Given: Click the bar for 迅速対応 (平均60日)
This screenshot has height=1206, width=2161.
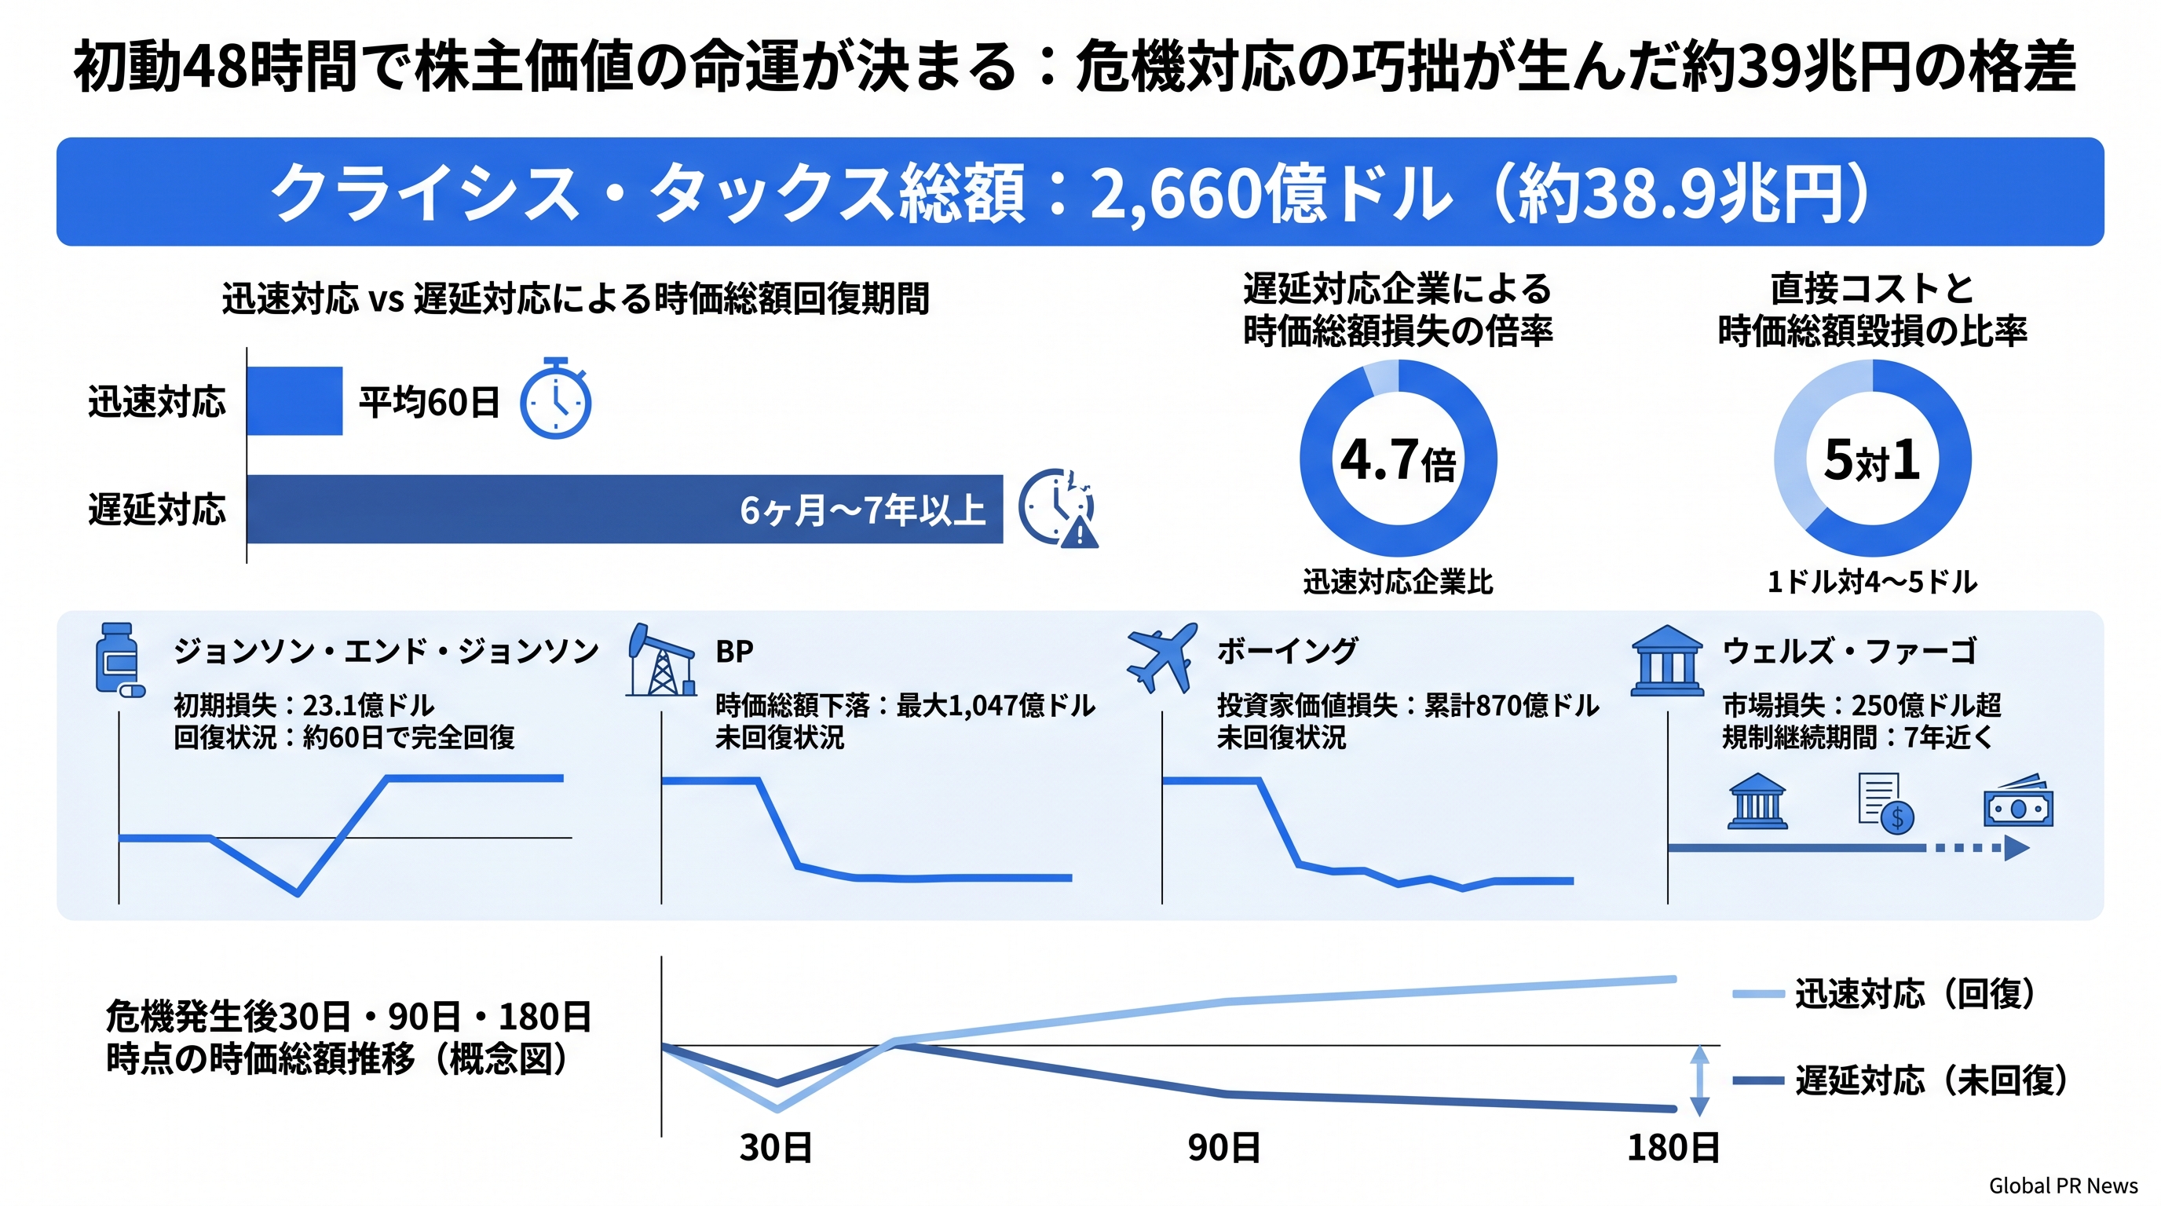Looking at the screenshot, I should tap(294, 401).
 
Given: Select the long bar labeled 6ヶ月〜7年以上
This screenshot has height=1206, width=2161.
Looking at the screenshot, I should tap(624, 509).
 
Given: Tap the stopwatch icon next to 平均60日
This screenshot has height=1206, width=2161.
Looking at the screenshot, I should tap(555, 400).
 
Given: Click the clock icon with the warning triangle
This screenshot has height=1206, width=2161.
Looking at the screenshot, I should tap(1057, 508).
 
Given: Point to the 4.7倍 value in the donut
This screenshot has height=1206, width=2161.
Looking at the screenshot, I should tap(1398, 459).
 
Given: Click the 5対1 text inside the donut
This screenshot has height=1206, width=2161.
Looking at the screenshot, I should tap(1871, 459).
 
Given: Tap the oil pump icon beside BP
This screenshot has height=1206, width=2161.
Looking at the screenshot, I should tap(661, 660).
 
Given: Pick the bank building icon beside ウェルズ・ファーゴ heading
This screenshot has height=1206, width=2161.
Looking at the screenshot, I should tap(1667, 661).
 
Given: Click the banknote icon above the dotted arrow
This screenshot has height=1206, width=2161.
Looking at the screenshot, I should tap(2017, 802).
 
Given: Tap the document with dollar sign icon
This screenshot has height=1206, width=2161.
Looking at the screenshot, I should tap(1885, 803).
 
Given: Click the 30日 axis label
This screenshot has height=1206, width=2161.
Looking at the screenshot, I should tap(776, 1147).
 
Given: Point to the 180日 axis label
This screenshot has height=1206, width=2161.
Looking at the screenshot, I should tap(1673, 1147).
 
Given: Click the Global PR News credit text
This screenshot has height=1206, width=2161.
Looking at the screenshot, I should tap(2063, 1186).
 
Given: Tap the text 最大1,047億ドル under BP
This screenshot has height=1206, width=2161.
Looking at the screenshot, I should tap(995, 705).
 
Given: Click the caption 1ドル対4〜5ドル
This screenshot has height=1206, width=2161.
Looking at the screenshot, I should tap(1871, 581).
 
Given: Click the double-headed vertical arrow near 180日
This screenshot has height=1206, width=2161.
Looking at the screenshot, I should tap(1698, 1080).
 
